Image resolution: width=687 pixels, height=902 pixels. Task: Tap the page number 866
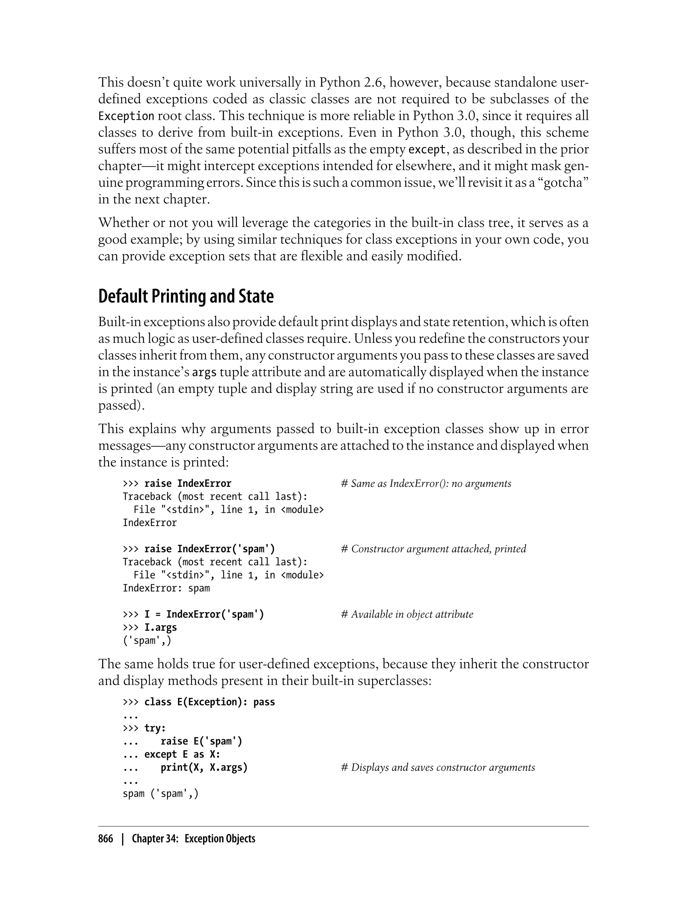106,839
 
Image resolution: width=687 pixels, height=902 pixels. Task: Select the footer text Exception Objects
220,839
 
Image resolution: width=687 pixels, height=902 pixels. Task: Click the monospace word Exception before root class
126,116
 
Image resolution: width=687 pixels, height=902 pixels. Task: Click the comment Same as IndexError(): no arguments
426,484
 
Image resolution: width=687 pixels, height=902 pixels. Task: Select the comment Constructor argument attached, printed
433,549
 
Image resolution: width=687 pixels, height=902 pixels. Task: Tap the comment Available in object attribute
407,614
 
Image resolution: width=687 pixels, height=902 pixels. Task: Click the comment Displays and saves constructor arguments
437,767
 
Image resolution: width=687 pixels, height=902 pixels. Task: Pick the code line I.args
160,628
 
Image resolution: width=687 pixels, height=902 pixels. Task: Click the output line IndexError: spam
166,588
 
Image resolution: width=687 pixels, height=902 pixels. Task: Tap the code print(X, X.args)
204,767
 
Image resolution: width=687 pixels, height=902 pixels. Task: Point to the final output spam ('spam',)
160,794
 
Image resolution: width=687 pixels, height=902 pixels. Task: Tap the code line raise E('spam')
201,741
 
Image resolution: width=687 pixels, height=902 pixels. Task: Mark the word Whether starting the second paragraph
123,223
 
